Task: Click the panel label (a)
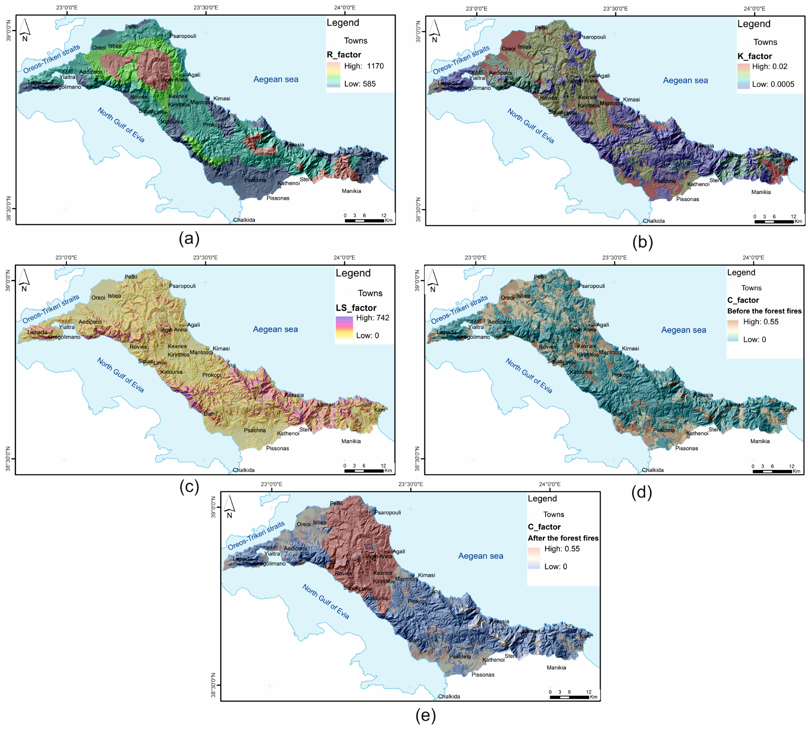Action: point(189,238)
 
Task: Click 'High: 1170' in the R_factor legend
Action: point(363,66)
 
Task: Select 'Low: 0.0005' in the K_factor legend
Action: point(773,84)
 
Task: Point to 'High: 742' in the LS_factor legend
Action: point(372,318)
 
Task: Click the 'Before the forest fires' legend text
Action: point(764,311)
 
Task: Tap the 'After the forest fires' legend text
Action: point(563,538)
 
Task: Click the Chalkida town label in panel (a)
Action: point(244,220)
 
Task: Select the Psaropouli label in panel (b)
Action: point(592,37)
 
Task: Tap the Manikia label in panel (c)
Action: point(351,441)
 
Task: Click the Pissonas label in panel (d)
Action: point(686,448)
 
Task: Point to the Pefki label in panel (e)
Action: point(336,503)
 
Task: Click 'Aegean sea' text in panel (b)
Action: point(685,80)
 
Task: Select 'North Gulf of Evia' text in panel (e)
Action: point(325,601)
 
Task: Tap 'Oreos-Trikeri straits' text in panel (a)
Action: point(51,59)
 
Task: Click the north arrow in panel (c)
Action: point(24,280)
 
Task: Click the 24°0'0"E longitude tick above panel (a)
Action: point(344,7)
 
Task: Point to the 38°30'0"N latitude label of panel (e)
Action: point(214,685)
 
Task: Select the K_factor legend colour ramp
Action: point(743,76)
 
